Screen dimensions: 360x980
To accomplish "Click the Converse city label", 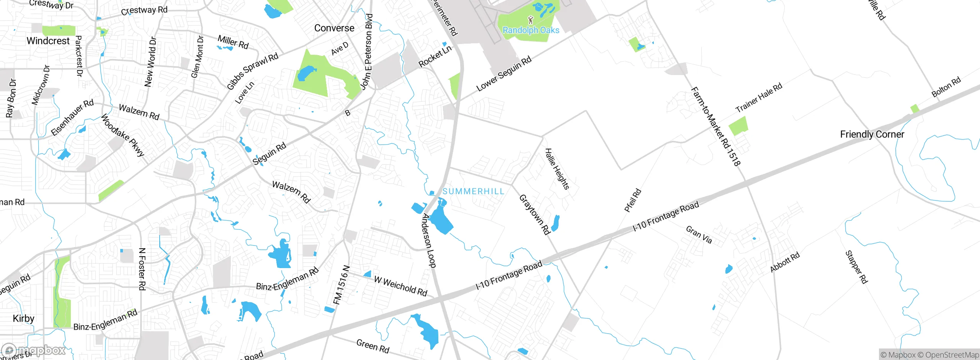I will pyautogui.click(x=334, y=28).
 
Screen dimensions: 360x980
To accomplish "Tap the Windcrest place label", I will pyautogui.click(x=48, y=41).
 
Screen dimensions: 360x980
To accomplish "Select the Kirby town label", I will pyautogui.click(x=23, y=318).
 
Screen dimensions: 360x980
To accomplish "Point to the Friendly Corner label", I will pyautogui.click(x=872, y=134).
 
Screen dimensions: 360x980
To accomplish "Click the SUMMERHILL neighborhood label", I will pyautogui.click(x=473, y=191).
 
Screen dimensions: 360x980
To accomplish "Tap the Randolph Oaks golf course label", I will pyautogui.click(x=531, y=30).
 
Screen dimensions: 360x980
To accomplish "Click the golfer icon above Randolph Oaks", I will pyautogui.click(x=530, y=20).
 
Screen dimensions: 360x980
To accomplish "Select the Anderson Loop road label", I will pyautogui.click(x=429, y=241).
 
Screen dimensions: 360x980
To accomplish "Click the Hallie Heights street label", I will pyautogui.click(x=557, y=169).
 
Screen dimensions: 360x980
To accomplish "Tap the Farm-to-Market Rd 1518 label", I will pyautogui.click(x=715, y=126).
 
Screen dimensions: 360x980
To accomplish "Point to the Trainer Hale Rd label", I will pyautogui.click(x=759, y=98).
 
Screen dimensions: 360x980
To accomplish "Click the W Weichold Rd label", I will pyautogui.click(x=400, y=286).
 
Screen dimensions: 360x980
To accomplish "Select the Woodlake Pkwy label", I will pyautogui.click(x=122, y=135).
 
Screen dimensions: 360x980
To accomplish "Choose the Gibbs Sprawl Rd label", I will pyautogui.click(x=253, y=72).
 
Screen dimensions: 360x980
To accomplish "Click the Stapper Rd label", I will pyautogui.click(x=856, y=267).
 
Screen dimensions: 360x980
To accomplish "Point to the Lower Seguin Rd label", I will pyautogui.click(x=504, y=74).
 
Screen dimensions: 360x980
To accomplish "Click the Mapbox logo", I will pyautogui.click(x=34, y=350).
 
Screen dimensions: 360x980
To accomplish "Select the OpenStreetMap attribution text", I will pyautogui.click(x=952, y=355).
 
